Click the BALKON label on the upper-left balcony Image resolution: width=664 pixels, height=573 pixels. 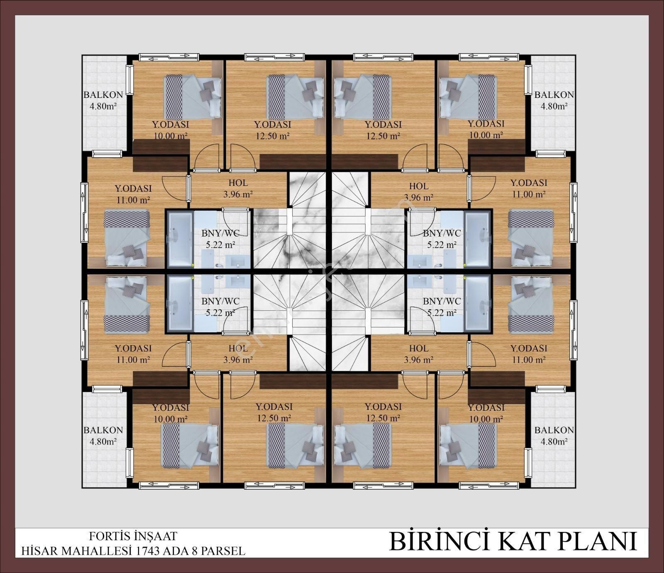pos(103,95)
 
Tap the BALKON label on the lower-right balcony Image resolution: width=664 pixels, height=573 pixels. pos(554,430)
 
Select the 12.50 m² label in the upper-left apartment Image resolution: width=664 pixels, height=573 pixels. pos(273,136)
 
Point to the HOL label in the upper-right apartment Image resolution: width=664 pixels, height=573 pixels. pos(419,186)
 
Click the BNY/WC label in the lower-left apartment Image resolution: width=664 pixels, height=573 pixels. pos(220,301)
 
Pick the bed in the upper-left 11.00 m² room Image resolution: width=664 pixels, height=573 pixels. pos(127,238)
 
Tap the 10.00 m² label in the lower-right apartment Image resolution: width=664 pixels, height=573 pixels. pos(486,419)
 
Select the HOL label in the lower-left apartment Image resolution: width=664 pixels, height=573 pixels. pos(238,349)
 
